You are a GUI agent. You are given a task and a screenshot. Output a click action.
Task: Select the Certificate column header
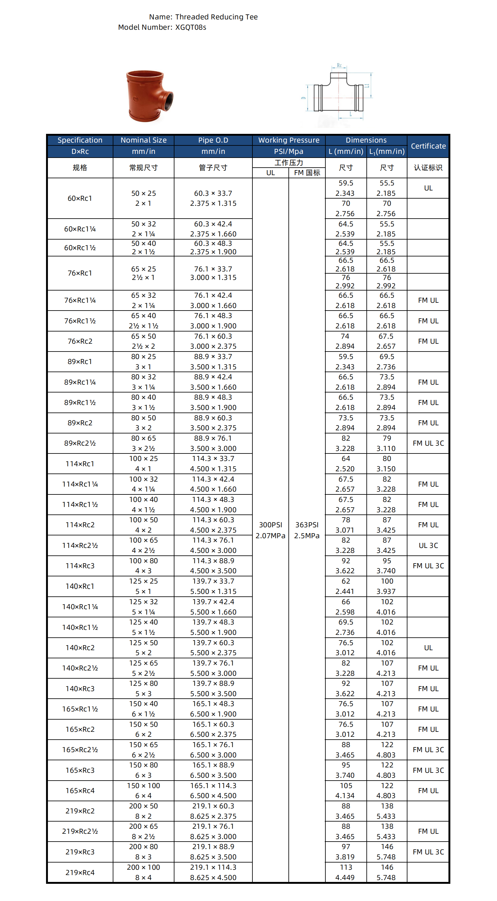click(x=428, y=146)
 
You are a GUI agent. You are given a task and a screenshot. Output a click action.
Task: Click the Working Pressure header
click(x=289, y=140)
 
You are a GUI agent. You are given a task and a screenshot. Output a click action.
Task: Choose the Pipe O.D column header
click(x=213, y=140)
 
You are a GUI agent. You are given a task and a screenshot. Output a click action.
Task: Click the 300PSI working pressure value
click(x=270, y=525)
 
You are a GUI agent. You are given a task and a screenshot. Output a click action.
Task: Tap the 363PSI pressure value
click(x=307, y=525)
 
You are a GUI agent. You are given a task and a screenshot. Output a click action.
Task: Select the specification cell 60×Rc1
click(x=80, y=198)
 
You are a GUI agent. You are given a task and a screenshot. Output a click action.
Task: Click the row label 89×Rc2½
click(x=80, y=443)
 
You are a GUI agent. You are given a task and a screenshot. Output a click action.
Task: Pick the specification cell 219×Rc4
click(x=80, y=872)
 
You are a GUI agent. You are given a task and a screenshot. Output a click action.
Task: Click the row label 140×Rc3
click(x=80, y=688)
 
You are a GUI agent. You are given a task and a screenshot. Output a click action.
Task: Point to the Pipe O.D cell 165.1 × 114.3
click(x=213, y=791)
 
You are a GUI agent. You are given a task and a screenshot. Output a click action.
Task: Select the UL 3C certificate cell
click(x=428, y=545)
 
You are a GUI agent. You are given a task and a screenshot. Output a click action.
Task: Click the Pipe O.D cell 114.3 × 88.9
click(x=213, y=565)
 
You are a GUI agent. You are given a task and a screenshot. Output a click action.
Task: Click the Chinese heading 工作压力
click(x=289, y=163)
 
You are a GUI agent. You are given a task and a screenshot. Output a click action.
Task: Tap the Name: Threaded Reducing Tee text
click(x=203, y=17)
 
